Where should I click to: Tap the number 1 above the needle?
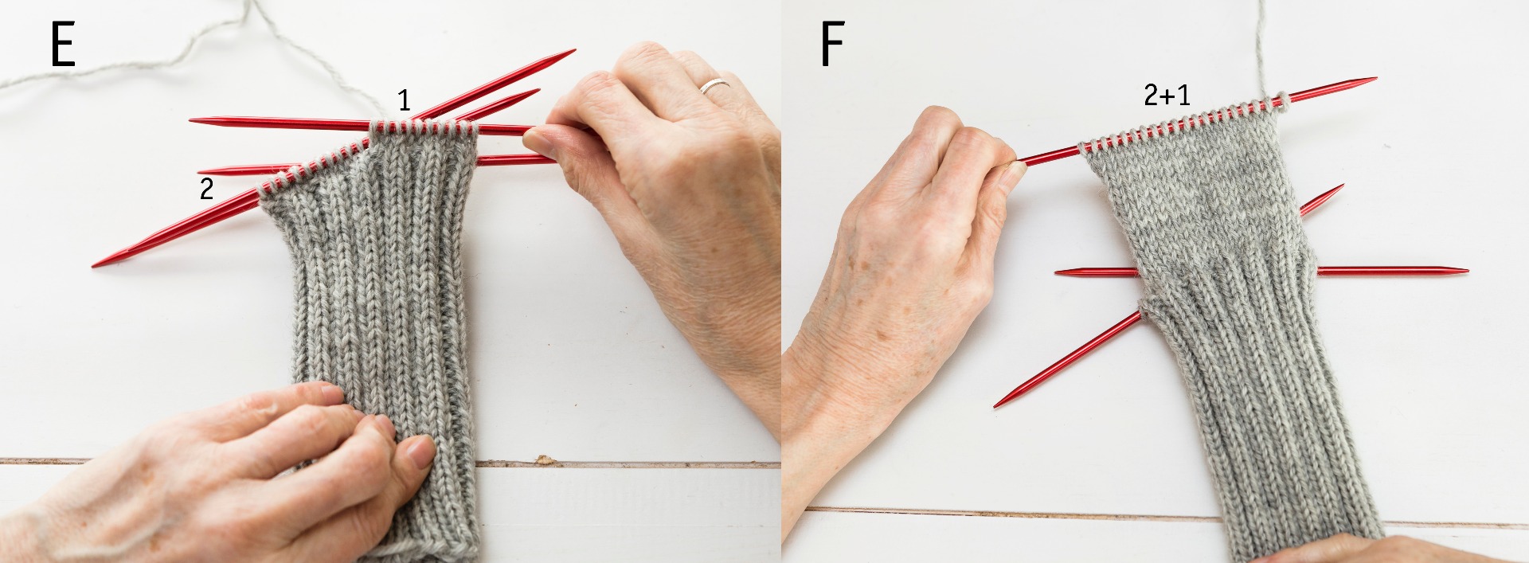(x=405, y=100)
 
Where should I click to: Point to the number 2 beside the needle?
(x=206, y=190)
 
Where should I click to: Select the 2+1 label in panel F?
(x=1167, y=96)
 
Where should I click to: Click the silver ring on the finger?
(x=715, y=85)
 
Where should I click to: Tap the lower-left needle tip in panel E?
(x=95, y=264)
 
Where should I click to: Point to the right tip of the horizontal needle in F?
(x=1466, y=271)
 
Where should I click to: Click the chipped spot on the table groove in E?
(x=546, y=460)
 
